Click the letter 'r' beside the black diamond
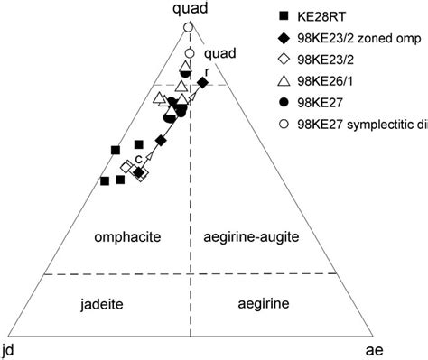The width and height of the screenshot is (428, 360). point(208,71)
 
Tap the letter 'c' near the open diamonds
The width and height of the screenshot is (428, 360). point(137,160)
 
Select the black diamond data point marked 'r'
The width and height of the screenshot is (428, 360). point(203,83)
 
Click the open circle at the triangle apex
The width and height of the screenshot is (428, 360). point(188,29)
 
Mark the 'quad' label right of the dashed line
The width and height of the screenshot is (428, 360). point(219,53)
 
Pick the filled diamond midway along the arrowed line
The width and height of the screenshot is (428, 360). point(161,140)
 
